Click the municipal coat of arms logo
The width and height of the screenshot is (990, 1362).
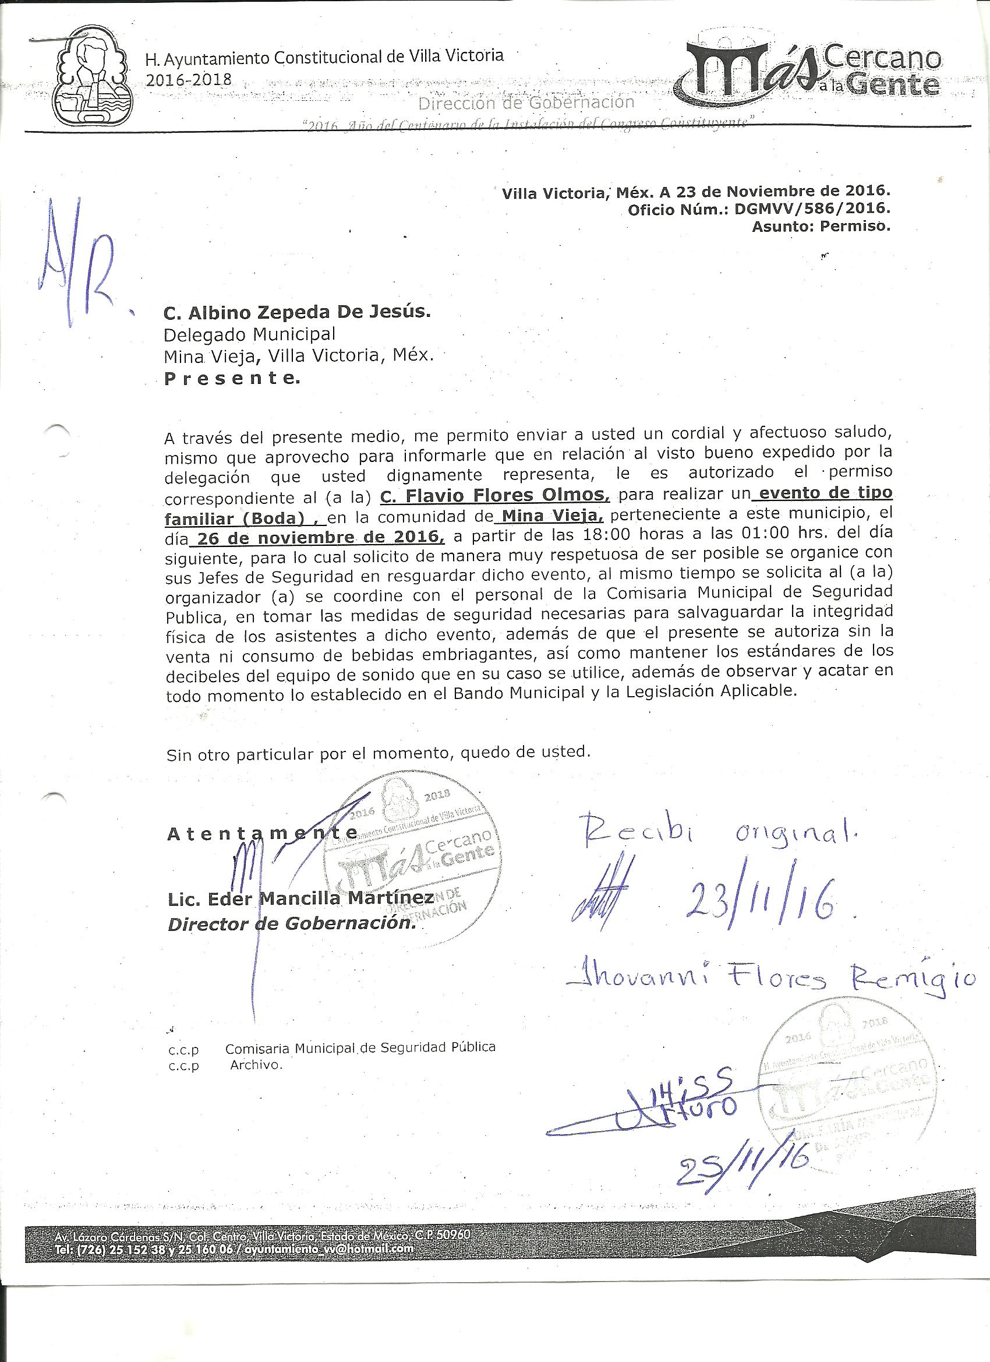tap(91, 75)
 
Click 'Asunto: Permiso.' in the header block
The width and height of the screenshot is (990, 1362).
tap(819, 227)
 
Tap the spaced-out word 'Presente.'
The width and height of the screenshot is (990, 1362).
tap(232, 378)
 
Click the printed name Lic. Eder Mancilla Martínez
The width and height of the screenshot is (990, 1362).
tap(300, 898)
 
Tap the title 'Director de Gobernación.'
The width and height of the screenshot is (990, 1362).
tap(292, 923)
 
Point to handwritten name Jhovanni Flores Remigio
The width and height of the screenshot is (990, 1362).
tap(770, 976)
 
